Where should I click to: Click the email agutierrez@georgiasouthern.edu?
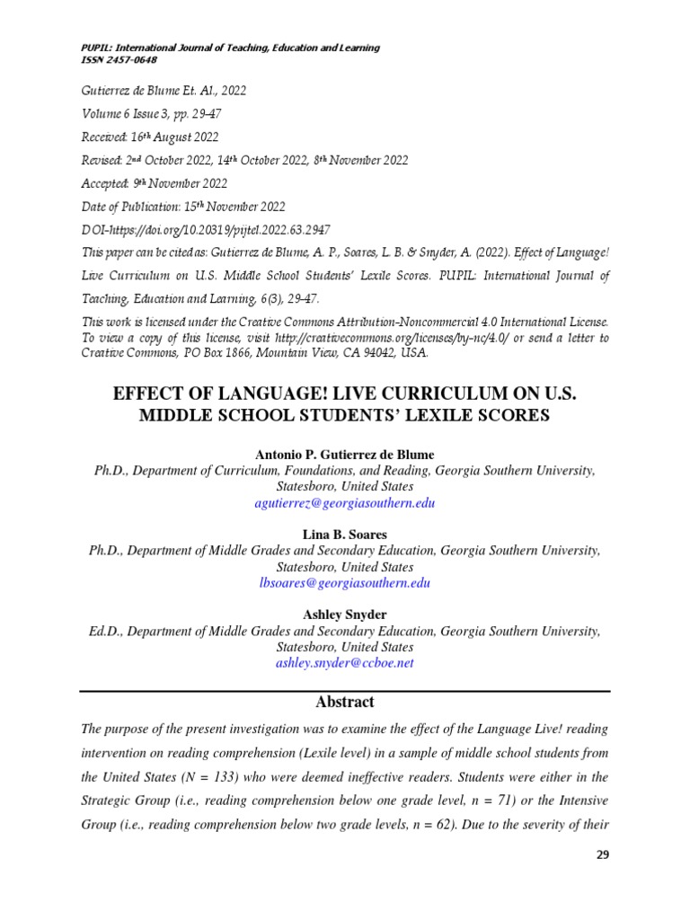pyautogui.click(x=345, y=503)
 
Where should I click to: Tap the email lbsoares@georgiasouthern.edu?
pyautogui.click(x=345, y=583)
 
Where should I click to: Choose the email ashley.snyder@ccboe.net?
pyautogui.click(x=345, y=663)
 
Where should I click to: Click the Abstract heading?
pyautogui.click(x=345, y=702)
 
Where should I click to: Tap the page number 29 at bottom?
pyautogui.click(x=602, y=854)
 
